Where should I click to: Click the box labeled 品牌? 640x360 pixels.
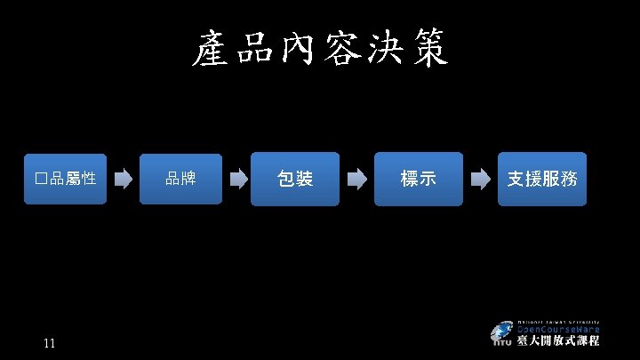click(181, 179)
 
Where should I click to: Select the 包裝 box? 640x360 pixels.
click(295, 179)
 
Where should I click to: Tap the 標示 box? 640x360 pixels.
click(419, 179)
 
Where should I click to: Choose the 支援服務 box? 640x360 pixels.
click(542, 179)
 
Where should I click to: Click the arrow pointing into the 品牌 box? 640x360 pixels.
click(124, 179)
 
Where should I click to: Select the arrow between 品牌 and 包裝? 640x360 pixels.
click(237, 179)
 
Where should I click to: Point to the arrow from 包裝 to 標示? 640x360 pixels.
click(356, 179)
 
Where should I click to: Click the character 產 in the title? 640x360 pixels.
click(210, 50)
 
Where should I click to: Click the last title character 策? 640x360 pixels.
click(428, 50)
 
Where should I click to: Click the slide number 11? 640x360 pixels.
click(49, 344)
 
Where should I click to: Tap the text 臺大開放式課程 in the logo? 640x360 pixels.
click(557, 340)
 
